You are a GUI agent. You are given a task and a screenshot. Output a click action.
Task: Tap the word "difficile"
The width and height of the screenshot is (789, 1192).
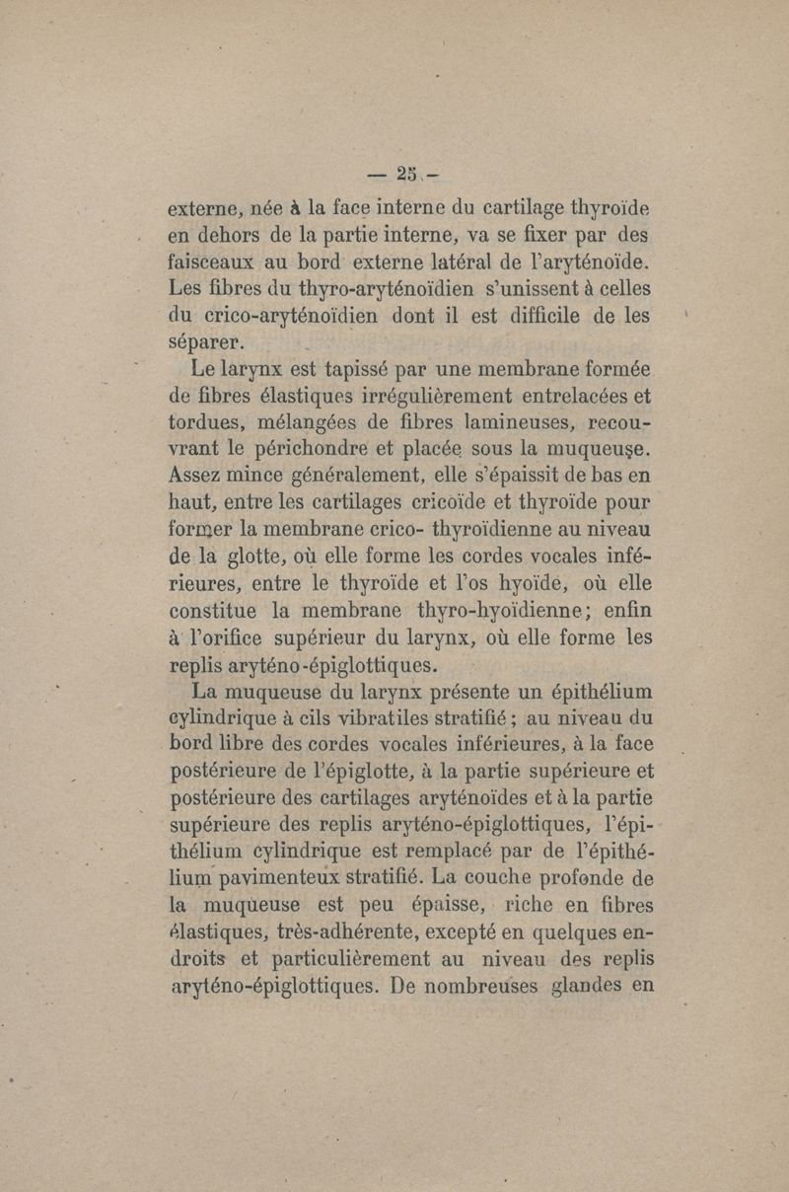(x=541, y=318)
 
